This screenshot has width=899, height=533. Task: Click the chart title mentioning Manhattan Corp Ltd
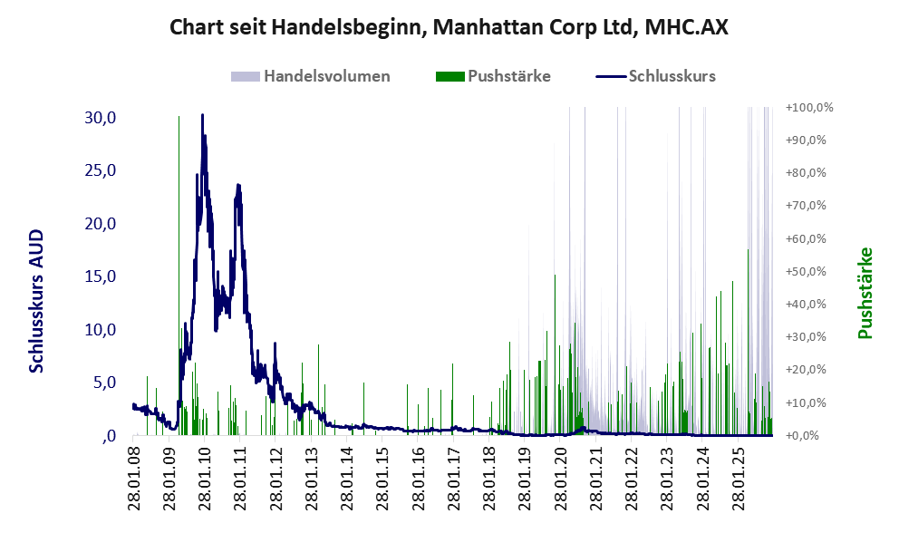pyautogui.click(x=449, y=26)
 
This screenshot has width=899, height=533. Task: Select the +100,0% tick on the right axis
pyautogui.click(x=808, y=107)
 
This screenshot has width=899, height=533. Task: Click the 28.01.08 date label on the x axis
pyautogui.click(x=133, y=477)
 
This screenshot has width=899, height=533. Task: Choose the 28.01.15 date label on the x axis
pyautogui.click(x=382, y=477)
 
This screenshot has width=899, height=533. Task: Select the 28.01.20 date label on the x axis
pyautogui.click(x=560, y=477)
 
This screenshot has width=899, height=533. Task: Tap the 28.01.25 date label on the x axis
pyautogui.click(x=738, y=477)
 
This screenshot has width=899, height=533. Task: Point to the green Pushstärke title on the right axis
pyautogui.click(x=865, y=292)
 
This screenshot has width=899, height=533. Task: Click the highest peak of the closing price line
pyautogui.click(x=202, y=115)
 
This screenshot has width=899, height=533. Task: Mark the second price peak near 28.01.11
pyautogui.click(x=238, y=186)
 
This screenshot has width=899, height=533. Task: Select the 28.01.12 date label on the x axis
pyautogui.click(x=275, y=477)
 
